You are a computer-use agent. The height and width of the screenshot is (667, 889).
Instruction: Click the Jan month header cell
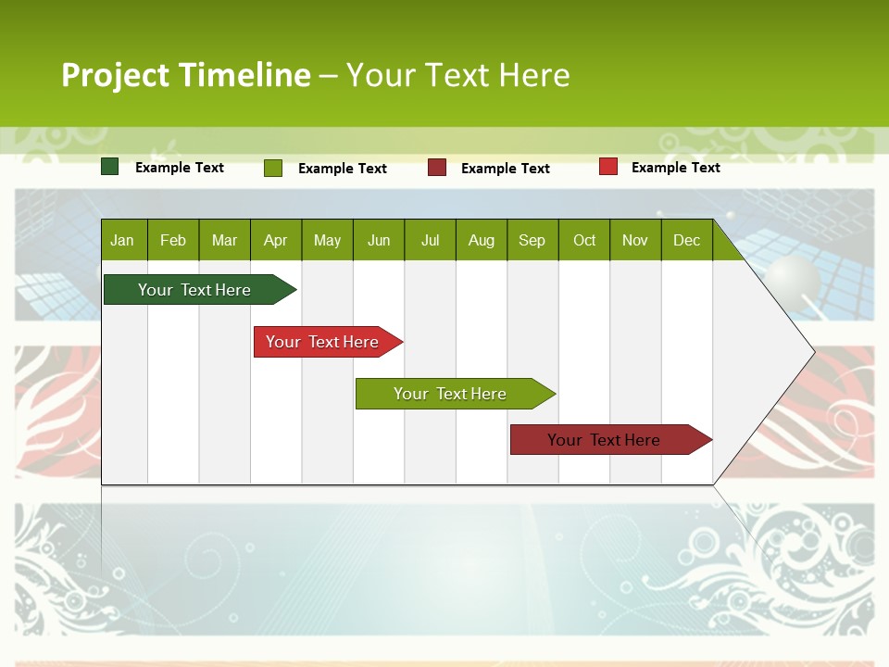pyautogui.click(x=123, y=240)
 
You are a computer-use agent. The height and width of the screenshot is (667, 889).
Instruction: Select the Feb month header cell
pyautogui.click(x=173, y=240)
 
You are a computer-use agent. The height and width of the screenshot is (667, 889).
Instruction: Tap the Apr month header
pyautogui.click(x=276, y=240)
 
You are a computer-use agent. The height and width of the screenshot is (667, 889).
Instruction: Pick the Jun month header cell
pyautogui.click(x=379, y=240)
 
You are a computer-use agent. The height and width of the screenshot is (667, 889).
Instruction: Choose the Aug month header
pyautogui.click(x=482, y=240)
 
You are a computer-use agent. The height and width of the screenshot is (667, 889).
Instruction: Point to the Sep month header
pyautogui.click(x=532, y=240)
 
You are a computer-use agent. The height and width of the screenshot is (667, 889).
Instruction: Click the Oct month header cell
pyautogui.click(x=584, y=240)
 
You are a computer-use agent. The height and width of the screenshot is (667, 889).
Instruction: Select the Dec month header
pyautogui.click(x=687, y=240)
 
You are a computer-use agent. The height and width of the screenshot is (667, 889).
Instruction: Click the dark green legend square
pyautogui.click(x=110, y=167)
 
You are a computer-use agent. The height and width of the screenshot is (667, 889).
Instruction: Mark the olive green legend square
pyautogui.click(x=273, y=168)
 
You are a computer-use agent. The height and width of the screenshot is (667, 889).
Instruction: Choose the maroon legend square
pyautogui.click(x=437, y=168)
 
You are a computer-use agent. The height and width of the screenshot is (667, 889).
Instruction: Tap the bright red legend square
pyautogui.click(x=608, y=167)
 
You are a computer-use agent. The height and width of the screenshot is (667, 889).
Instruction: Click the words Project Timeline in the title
pyautogui.click(x=185, y=75)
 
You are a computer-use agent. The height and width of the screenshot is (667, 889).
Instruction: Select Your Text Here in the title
pyautogui.click(x=458, y=75)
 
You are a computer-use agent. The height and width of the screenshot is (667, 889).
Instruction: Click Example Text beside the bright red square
pyautogui.click(x=675, y=168)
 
